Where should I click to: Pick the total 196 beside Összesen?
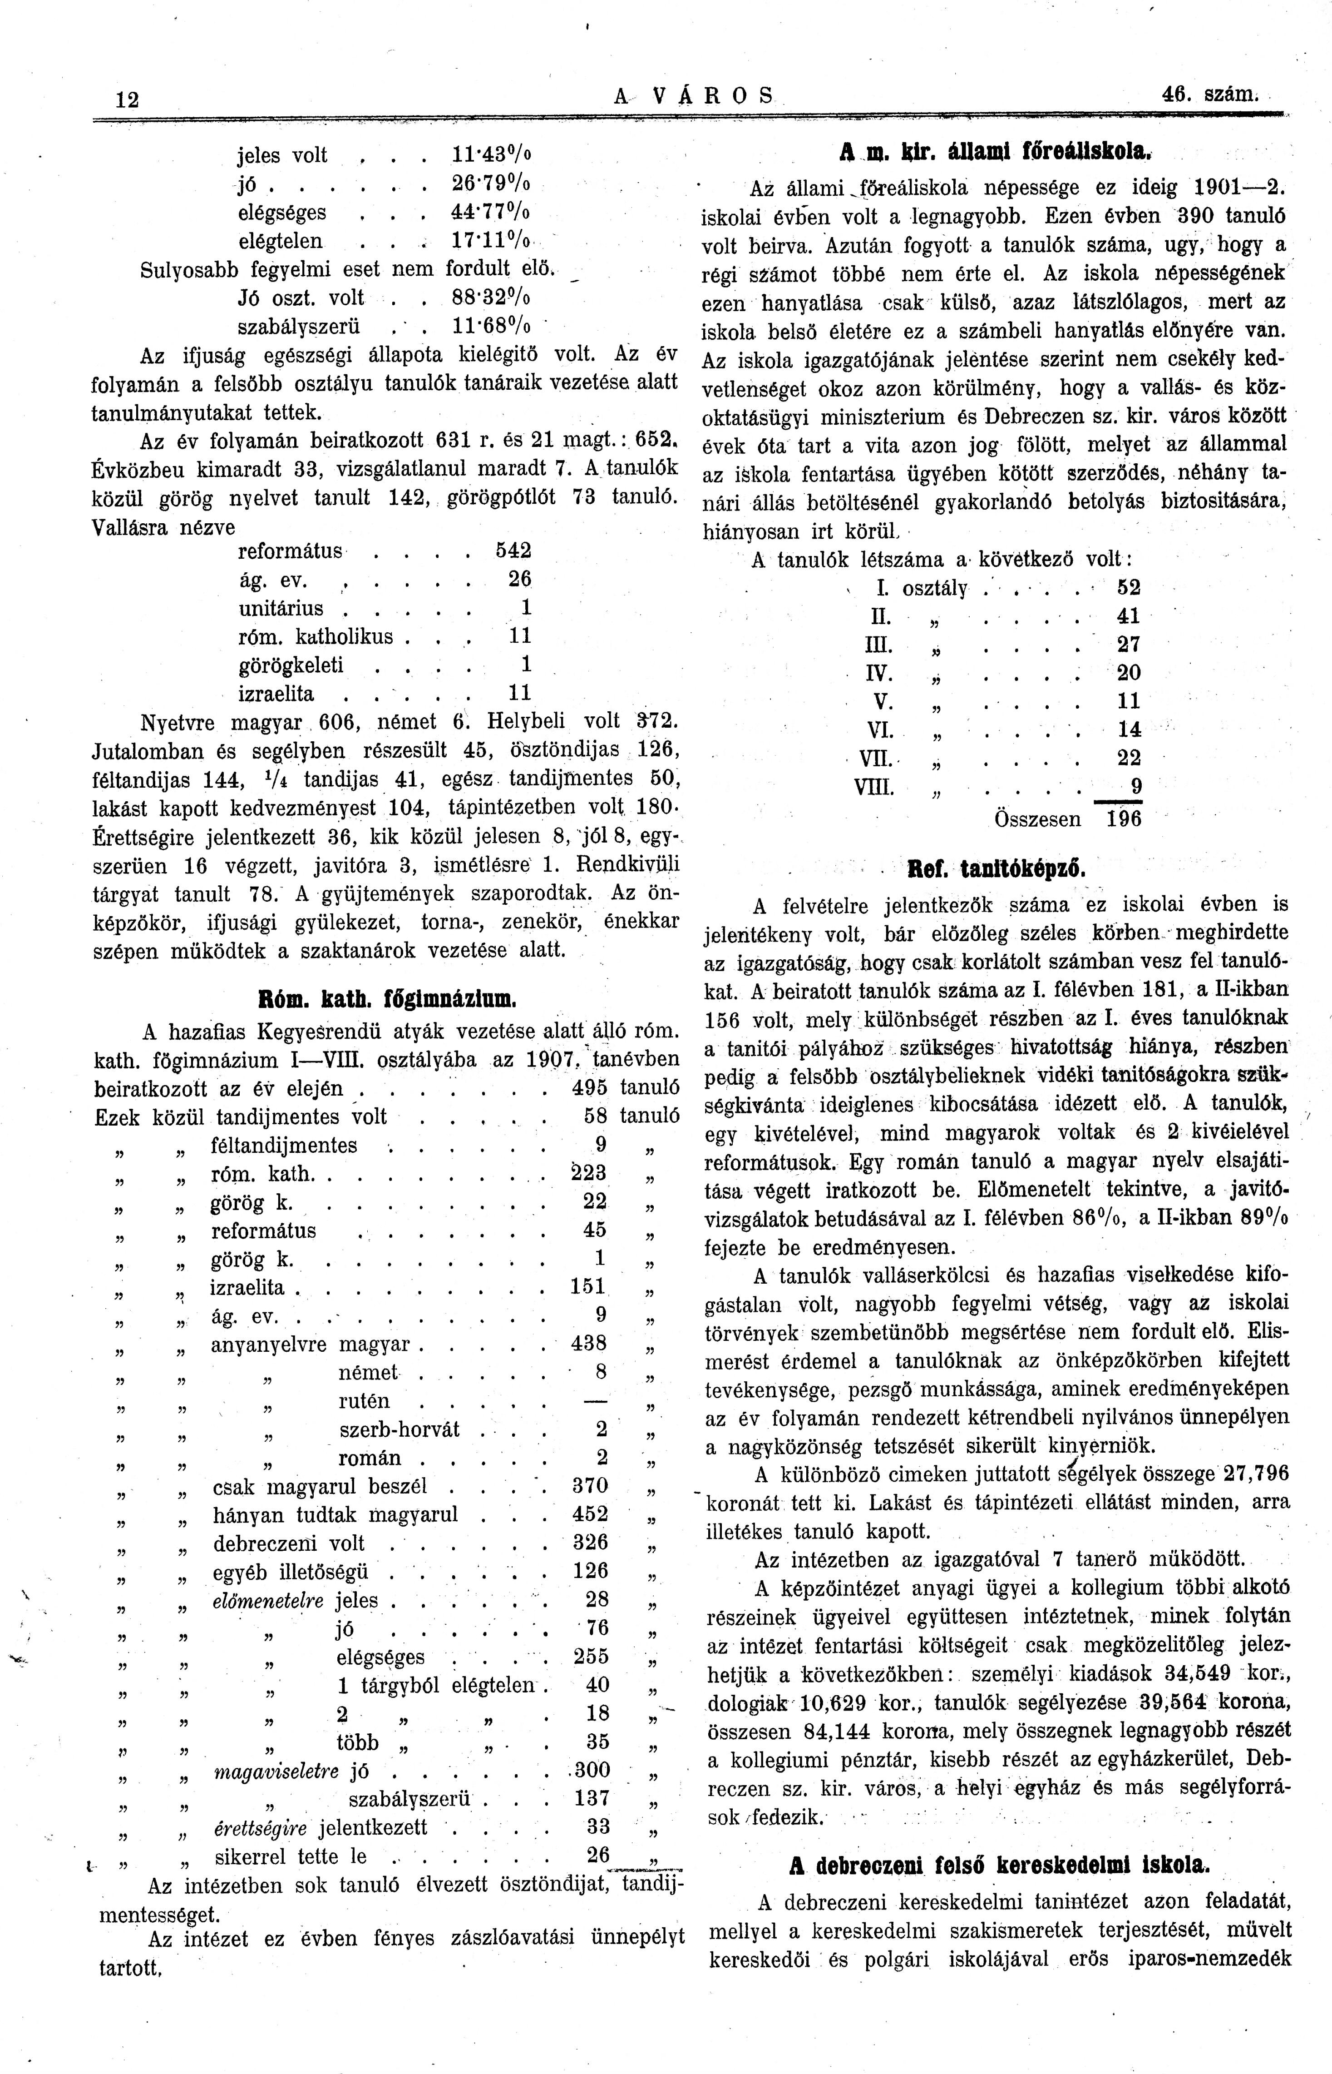(1124, 819)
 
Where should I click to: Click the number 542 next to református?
(513, 551)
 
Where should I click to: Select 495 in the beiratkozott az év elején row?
(590, 1087)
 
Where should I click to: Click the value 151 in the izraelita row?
(588, 1287)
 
